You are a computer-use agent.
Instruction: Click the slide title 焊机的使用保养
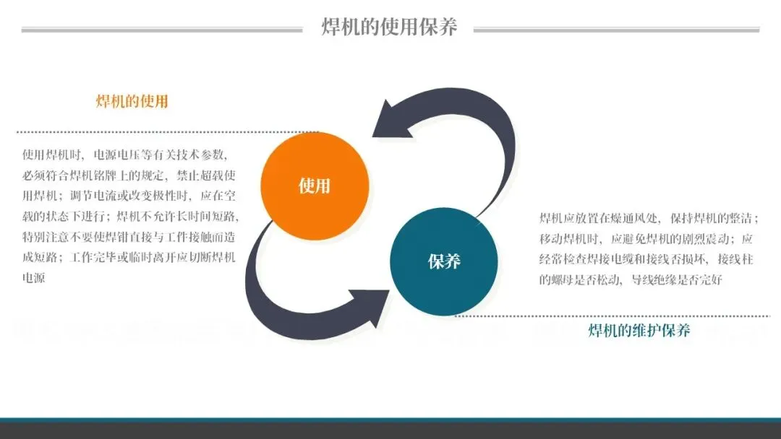(389, 27)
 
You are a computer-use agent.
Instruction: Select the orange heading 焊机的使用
(132, 101)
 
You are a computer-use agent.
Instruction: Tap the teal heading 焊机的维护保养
(639, 331)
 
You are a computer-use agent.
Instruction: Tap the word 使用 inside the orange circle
(314, 186)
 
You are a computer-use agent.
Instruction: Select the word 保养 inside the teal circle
(444, 261)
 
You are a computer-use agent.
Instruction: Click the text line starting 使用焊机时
(125, 155)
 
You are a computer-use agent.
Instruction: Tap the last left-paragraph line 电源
(34, 277)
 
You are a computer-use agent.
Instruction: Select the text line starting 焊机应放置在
(648, 218)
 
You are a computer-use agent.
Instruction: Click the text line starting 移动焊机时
(646, 239)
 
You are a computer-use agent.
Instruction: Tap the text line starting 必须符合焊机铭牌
(129, 175)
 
